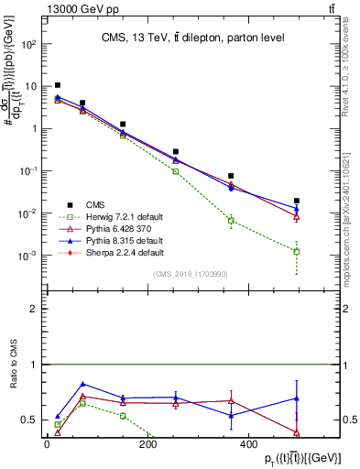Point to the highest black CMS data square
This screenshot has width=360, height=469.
(x=58, y=85)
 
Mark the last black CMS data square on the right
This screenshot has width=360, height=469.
(x=297, y=201)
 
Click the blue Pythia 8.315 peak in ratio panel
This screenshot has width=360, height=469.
(x=83, y=384)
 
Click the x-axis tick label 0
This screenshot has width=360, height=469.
(x=47, y=445)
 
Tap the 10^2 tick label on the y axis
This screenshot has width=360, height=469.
(x=29, y=44)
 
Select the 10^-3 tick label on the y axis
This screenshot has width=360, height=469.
(x=28, y=256)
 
